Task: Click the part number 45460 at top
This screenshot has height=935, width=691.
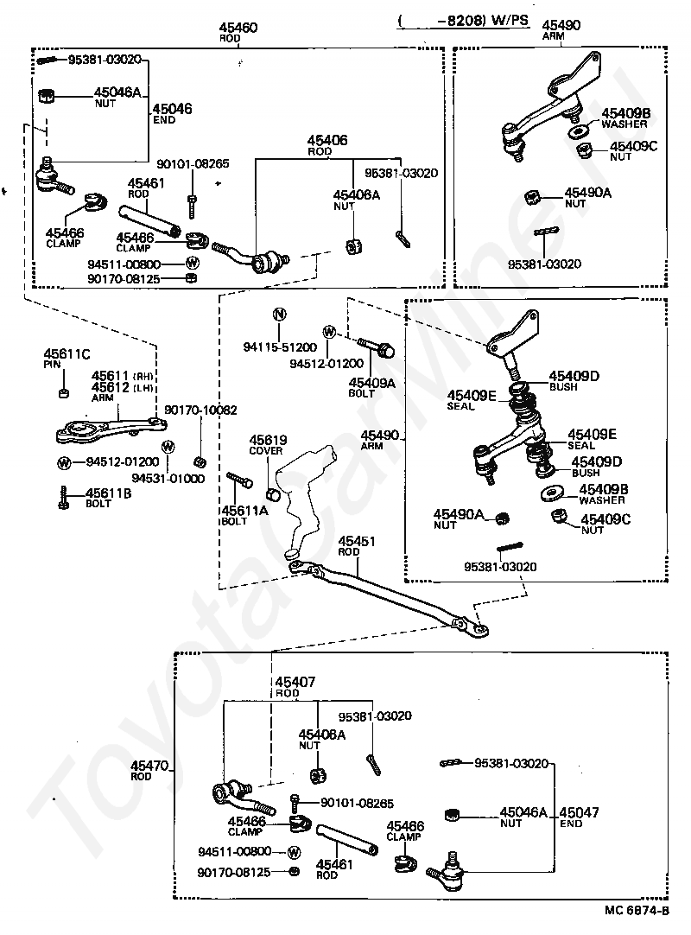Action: click(238, 28)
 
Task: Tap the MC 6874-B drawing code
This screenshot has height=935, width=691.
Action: click(637, 911)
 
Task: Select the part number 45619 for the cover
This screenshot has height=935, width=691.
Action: click(268, 440)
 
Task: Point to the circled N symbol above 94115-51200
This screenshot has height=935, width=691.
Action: click(279, 315)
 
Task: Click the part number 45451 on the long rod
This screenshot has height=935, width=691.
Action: click(357, 542)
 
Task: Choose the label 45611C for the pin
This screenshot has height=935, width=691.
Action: click(67, 354)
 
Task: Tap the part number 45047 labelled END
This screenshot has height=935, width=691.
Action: click(579, 812)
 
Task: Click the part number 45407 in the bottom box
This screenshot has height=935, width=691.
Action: click(295, 682)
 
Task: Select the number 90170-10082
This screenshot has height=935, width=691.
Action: click(201, 410)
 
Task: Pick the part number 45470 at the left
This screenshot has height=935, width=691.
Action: click(149, 766)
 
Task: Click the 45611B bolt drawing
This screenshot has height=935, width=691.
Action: click(64, 498)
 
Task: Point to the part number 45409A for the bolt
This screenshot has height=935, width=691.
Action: click(372, 383)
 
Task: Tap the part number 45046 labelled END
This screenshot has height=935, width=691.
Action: click(172, 109)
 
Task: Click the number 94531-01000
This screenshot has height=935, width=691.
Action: click(168, 478)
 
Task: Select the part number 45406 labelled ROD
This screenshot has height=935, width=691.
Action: click(327, 141)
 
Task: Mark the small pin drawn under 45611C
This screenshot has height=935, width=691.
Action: click(64, 392)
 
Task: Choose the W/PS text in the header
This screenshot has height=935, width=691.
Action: click(510, 20)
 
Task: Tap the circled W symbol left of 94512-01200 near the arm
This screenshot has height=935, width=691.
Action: click(64, 462)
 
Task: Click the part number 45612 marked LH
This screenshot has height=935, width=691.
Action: click(111, 388)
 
